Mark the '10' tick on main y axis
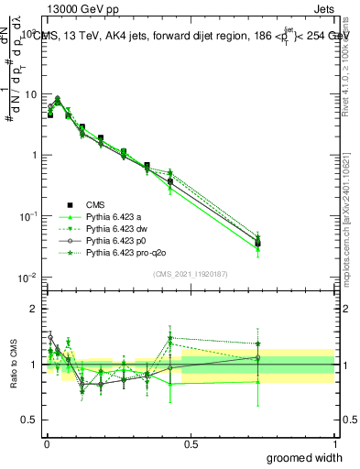click(30, 94)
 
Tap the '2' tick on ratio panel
click(34, 309)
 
